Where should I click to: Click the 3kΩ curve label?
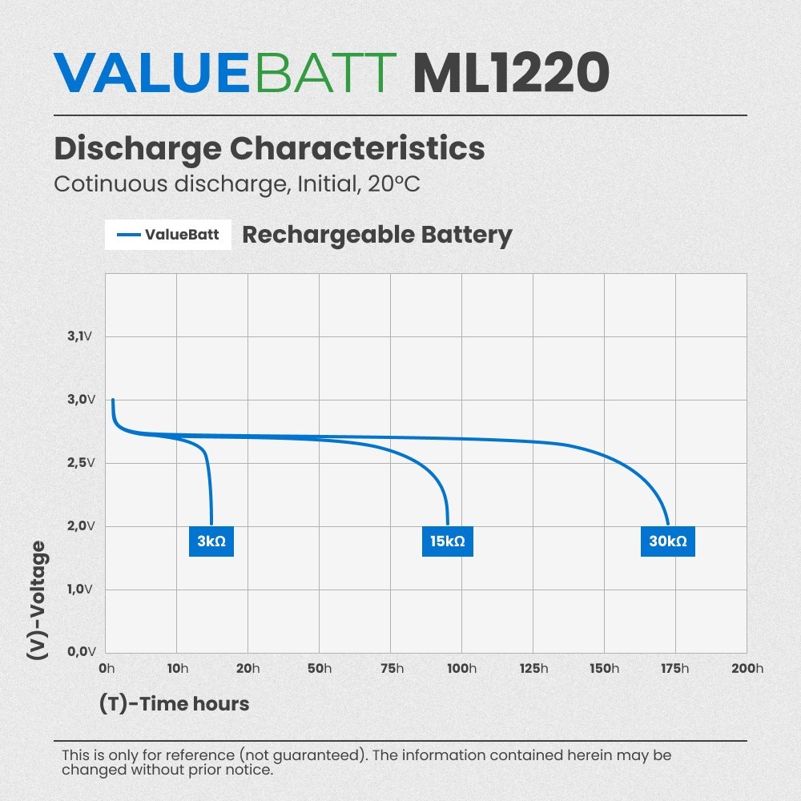pos(211,541)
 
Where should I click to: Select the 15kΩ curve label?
pos(447,541)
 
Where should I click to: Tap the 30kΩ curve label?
pos(667,541)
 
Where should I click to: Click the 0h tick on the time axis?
pos(106,669)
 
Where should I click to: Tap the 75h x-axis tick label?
pos(391,669)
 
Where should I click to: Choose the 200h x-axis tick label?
pos(747,669)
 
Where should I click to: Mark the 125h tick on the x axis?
pos(533,669)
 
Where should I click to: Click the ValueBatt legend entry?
pos(168,235)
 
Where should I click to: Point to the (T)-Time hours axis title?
pos(174,704)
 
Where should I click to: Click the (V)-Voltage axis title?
pos(37,600)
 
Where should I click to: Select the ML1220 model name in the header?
pos(511,73)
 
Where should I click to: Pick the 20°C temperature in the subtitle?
pos(394,183)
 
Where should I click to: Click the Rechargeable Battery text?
pos(376,235)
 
